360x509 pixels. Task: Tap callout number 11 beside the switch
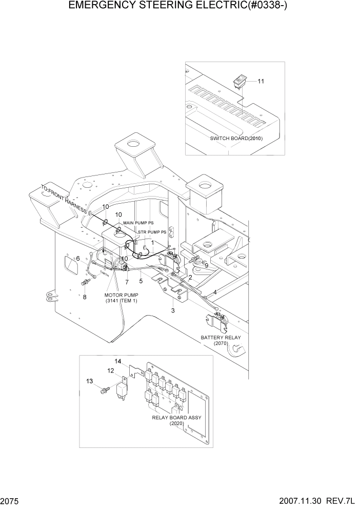click(x=261, y=82)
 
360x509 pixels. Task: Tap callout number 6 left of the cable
click(x=78, y=259)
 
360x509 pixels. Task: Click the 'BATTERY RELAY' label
click(x=221, y=338)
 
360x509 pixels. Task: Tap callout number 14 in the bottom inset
click(x=118, y=362)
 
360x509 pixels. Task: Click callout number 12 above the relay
click(x=110, y=370)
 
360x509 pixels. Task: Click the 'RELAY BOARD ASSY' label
click(x=176, y=418)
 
